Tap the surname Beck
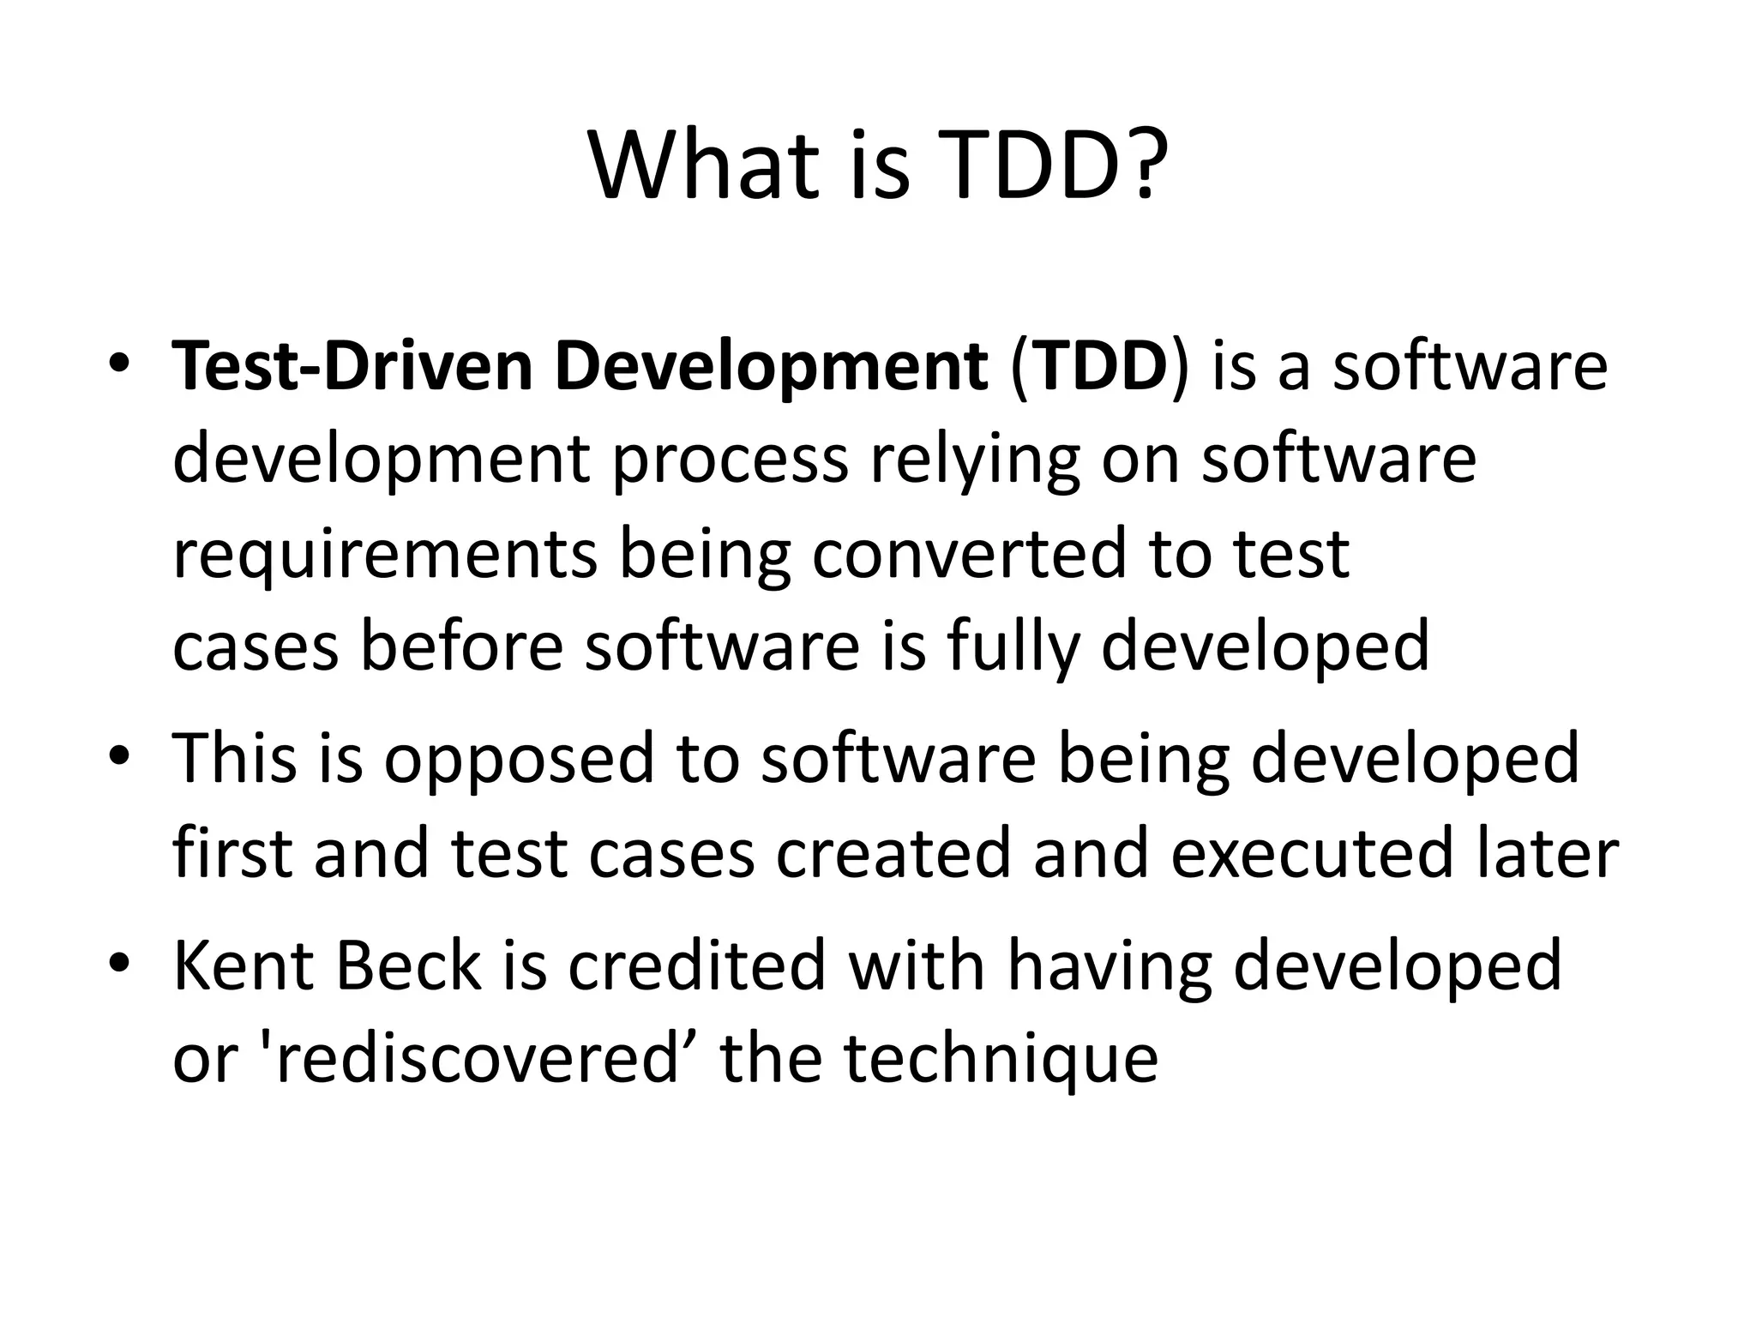[409, 965]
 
